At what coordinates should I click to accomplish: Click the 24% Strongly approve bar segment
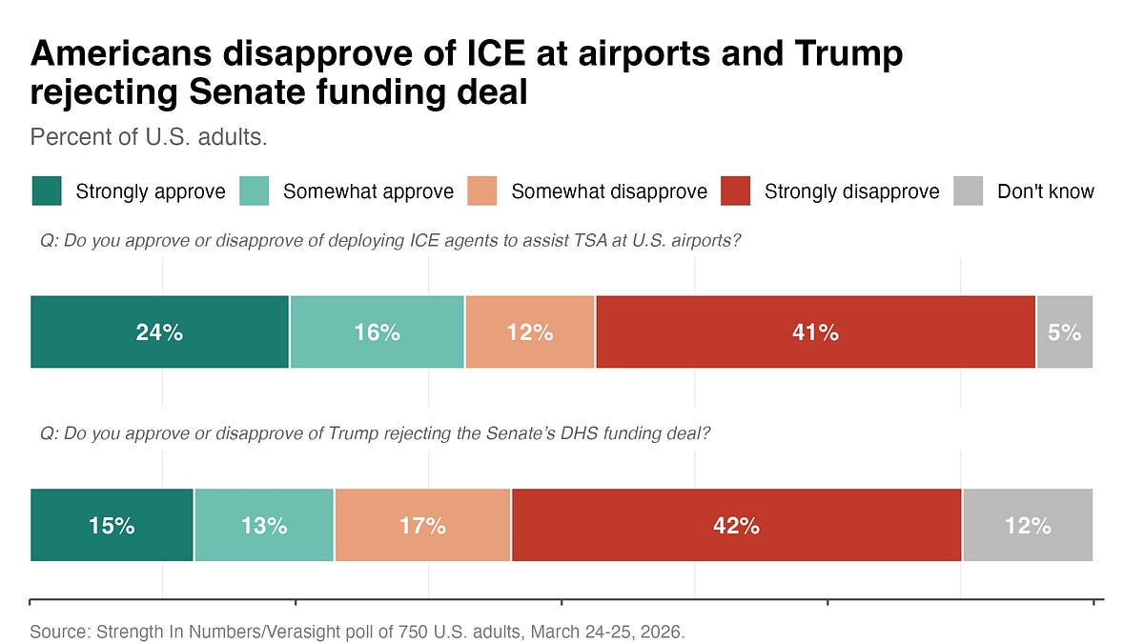tap(159, 332)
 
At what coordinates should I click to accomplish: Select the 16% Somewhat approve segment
tap(378, 332)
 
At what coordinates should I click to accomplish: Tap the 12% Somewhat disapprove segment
tap(530, 332)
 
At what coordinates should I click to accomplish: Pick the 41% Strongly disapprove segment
tap(815, 332)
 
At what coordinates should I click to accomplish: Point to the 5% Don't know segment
tap(1065, 332)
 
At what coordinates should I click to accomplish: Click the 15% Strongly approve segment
tap(112, 525)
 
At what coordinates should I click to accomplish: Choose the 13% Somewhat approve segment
tap(264, 525)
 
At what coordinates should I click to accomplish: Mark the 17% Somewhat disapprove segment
tap(422, 525)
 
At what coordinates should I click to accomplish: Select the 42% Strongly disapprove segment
tap(736, 525)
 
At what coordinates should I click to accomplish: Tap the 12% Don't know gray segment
tap(1028, 525)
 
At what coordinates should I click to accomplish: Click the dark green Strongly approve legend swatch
tap(46, 191)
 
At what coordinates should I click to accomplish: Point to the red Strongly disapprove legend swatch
tap(735, 191)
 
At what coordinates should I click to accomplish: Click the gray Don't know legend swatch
tap(968, 191)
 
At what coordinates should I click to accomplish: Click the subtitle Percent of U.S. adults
tap(148, 136)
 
